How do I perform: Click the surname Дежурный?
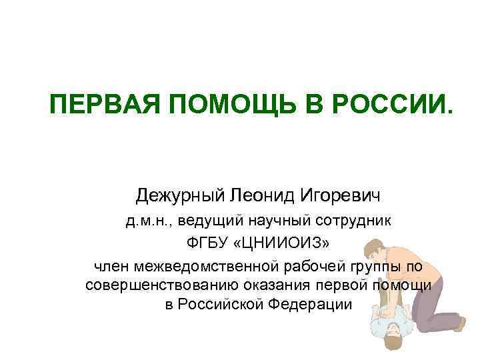[179, 196]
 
